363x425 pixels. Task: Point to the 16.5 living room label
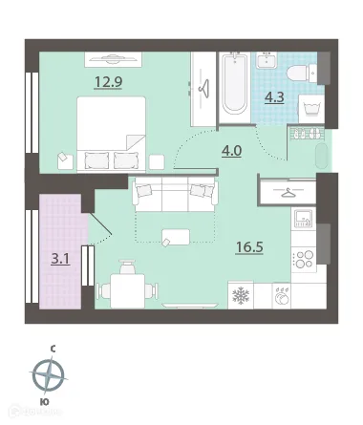[249, 246]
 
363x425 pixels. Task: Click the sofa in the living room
[172, 197]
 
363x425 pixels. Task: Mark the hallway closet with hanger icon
[290, 190]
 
